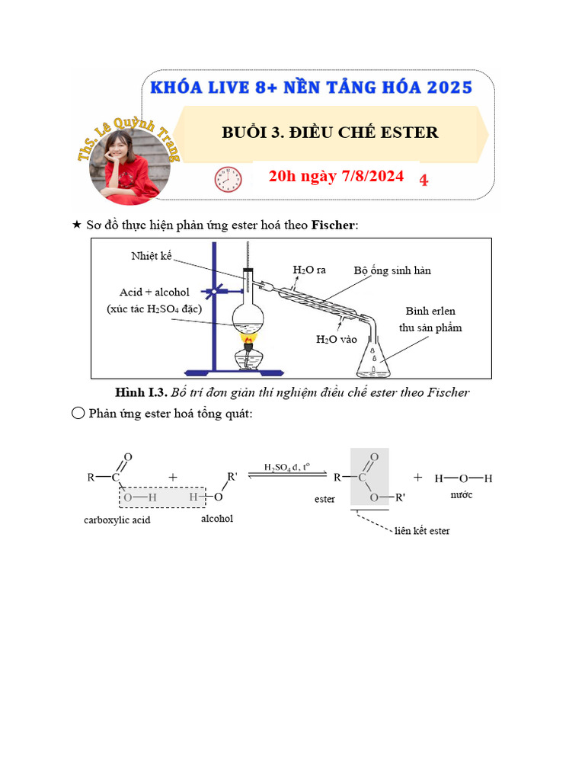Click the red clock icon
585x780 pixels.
point(228,180)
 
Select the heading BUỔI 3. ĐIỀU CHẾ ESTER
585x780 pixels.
point(330,133)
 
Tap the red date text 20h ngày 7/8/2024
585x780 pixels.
point(336,177)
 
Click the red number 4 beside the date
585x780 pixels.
point(424,180)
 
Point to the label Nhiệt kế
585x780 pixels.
point(152,257)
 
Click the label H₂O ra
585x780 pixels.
point(309,270)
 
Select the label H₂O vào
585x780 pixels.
point(336,339)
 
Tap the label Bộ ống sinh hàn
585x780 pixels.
point(392,270)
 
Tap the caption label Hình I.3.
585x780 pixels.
point(140,393)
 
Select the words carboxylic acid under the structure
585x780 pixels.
point(117,520)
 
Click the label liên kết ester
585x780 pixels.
point(422,530)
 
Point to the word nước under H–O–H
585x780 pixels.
point(462,495)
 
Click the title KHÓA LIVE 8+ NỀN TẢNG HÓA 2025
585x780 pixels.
point(311,87)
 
